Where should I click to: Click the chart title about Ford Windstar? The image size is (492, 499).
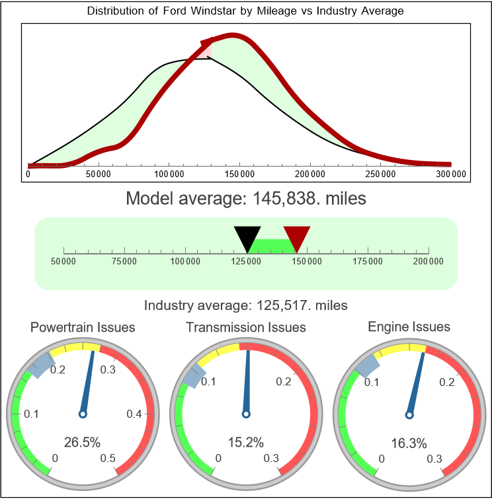[245, 11]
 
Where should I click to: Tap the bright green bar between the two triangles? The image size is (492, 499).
[272, 245]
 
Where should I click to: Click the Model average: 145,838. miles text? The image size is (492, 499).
[245, 198]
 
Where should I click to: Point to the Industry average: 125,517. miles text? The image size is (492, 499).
[245, 305]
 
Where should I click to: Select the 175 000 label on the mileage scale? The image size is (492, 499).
[368, 262]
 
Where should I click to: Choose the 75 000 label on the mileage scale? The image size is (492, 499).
[124, 262]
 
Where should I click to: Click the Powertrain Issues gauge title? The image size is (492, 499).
[83, 327]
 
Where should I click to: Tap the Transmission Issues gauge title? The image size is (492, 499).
[246, 327]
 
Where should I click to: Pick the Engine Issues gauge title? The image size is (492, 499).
[409, 326]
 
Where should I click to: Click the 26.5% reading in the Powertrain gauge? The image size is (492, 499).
[83, 441]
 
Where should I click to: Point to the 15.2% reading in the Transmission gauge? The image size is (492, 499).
[246, 442]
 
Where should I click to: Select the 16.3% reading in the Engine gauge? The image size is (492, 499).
[409, 442]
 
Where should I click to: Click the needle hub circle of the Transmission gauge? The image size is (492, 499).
[246, 414]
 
